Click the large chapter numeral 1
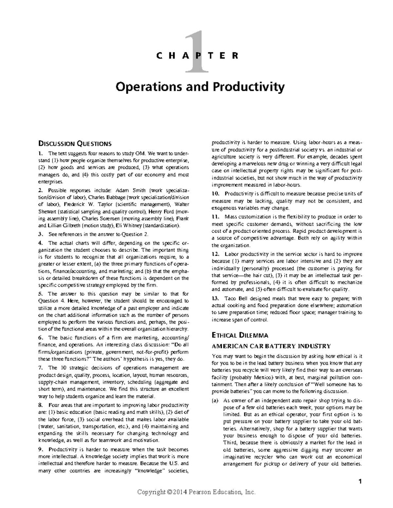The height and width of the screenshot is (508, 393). pos(196,52)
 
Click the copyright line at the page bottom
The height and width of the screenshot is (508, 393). pos(196,492)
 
